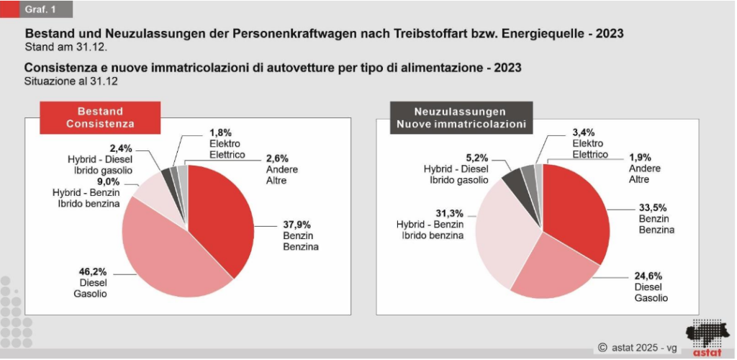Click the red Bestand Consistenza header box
100,118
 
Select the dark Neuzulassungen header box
460,118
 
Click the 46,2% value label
91,272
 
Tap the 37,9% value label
298,224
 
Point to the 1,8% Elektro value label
220,133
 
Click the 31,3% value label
451,213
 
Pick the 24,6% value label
648,275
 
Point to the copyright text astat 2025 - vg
638,348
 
